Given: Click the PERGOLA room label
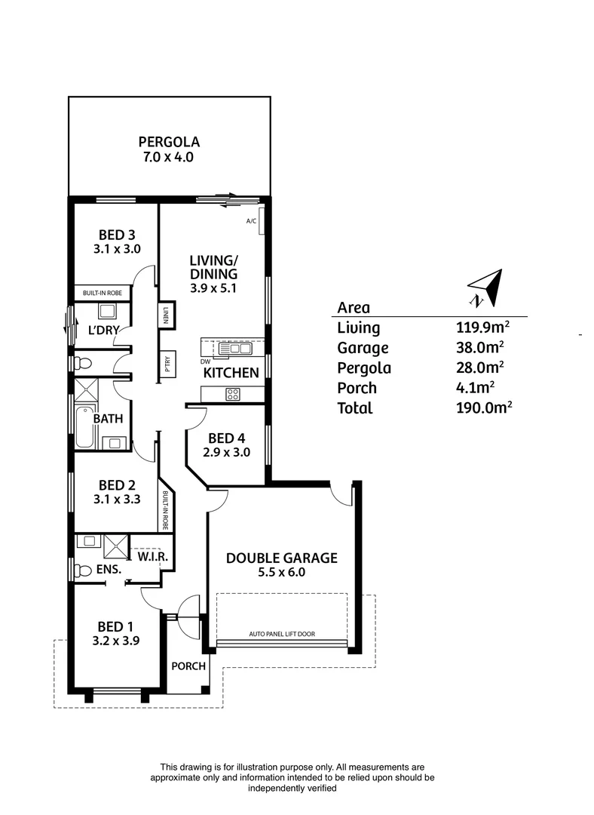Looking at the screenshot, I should pyautogui.click(x=168, y=141).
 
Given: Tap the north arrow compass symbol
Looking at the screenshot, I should pyautogui.click(x=485, y=288).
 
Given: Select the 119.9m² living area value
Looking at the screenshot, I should pyautogui.click(x=482, y=328).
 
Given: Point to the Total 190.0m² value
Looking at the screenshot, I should pyautogui.click(x=482, y=408).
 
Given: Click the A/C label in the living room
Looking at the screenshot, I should pyautogui.click(x=252, y=221).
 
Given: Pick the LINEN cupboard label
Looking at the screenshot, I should pyautogui.click(x=165, y=316).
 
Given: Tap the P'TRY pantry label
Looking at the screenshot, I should pyautogui.click(x=166, y=364).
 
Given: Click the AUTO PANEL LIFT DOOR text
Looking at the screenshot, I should pyautogui.click(x=282, y=634).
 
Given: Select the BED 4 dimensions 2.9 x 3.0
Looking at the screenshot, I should pyautogui.click(x=226, y=453).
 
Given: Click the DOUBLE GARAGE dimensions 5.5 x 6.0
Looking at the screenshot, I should pyautogui.click(x=282, y=573).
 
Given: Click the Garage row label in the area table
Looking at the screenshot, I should pyautogui.click(x=363, y=348).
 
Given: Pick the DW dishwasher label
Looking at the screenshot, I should pyautogui.click(x=204, y=361).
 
